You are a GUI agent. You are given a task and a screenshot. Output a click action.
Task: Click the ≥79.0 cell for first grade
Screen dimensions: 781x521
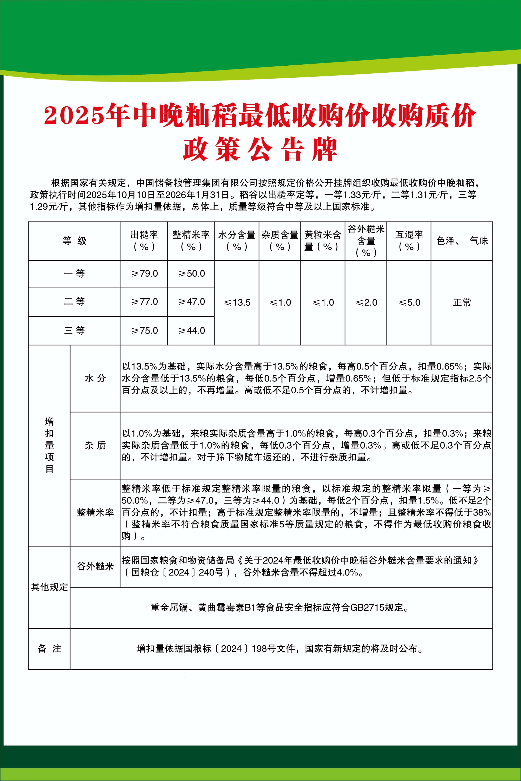144,274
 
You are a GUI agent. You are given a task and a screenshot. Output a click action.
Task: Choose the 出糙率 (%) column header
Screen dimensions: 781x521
144,241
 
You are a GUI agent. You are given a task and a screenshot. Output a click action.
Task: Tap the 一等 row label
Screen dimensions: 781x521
74,274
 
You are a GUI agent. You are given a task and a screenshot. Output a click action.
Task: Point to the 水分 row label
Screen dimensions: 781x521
95,378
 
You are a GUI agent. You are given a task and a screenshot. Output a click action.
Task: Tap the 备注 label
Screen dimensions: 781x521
49,648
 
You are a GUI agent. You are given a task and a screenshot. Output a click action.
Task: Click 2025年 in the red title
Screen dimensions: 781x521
86,116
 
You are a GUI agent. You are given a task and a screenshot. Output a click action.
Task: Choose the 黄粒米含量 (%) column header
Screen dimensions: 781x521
323,241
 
